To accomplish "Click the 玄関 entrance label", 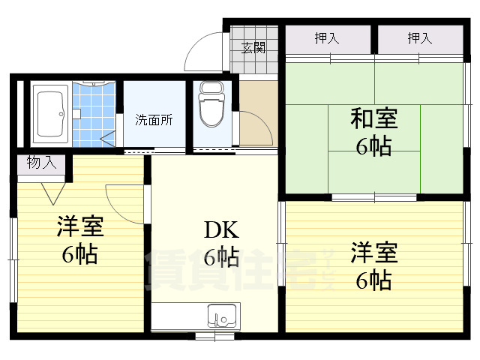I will coord(253,48).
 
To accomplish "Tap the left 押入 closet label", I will coord(326,38).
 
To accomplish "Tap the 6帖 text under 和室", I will coord(374,146).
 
